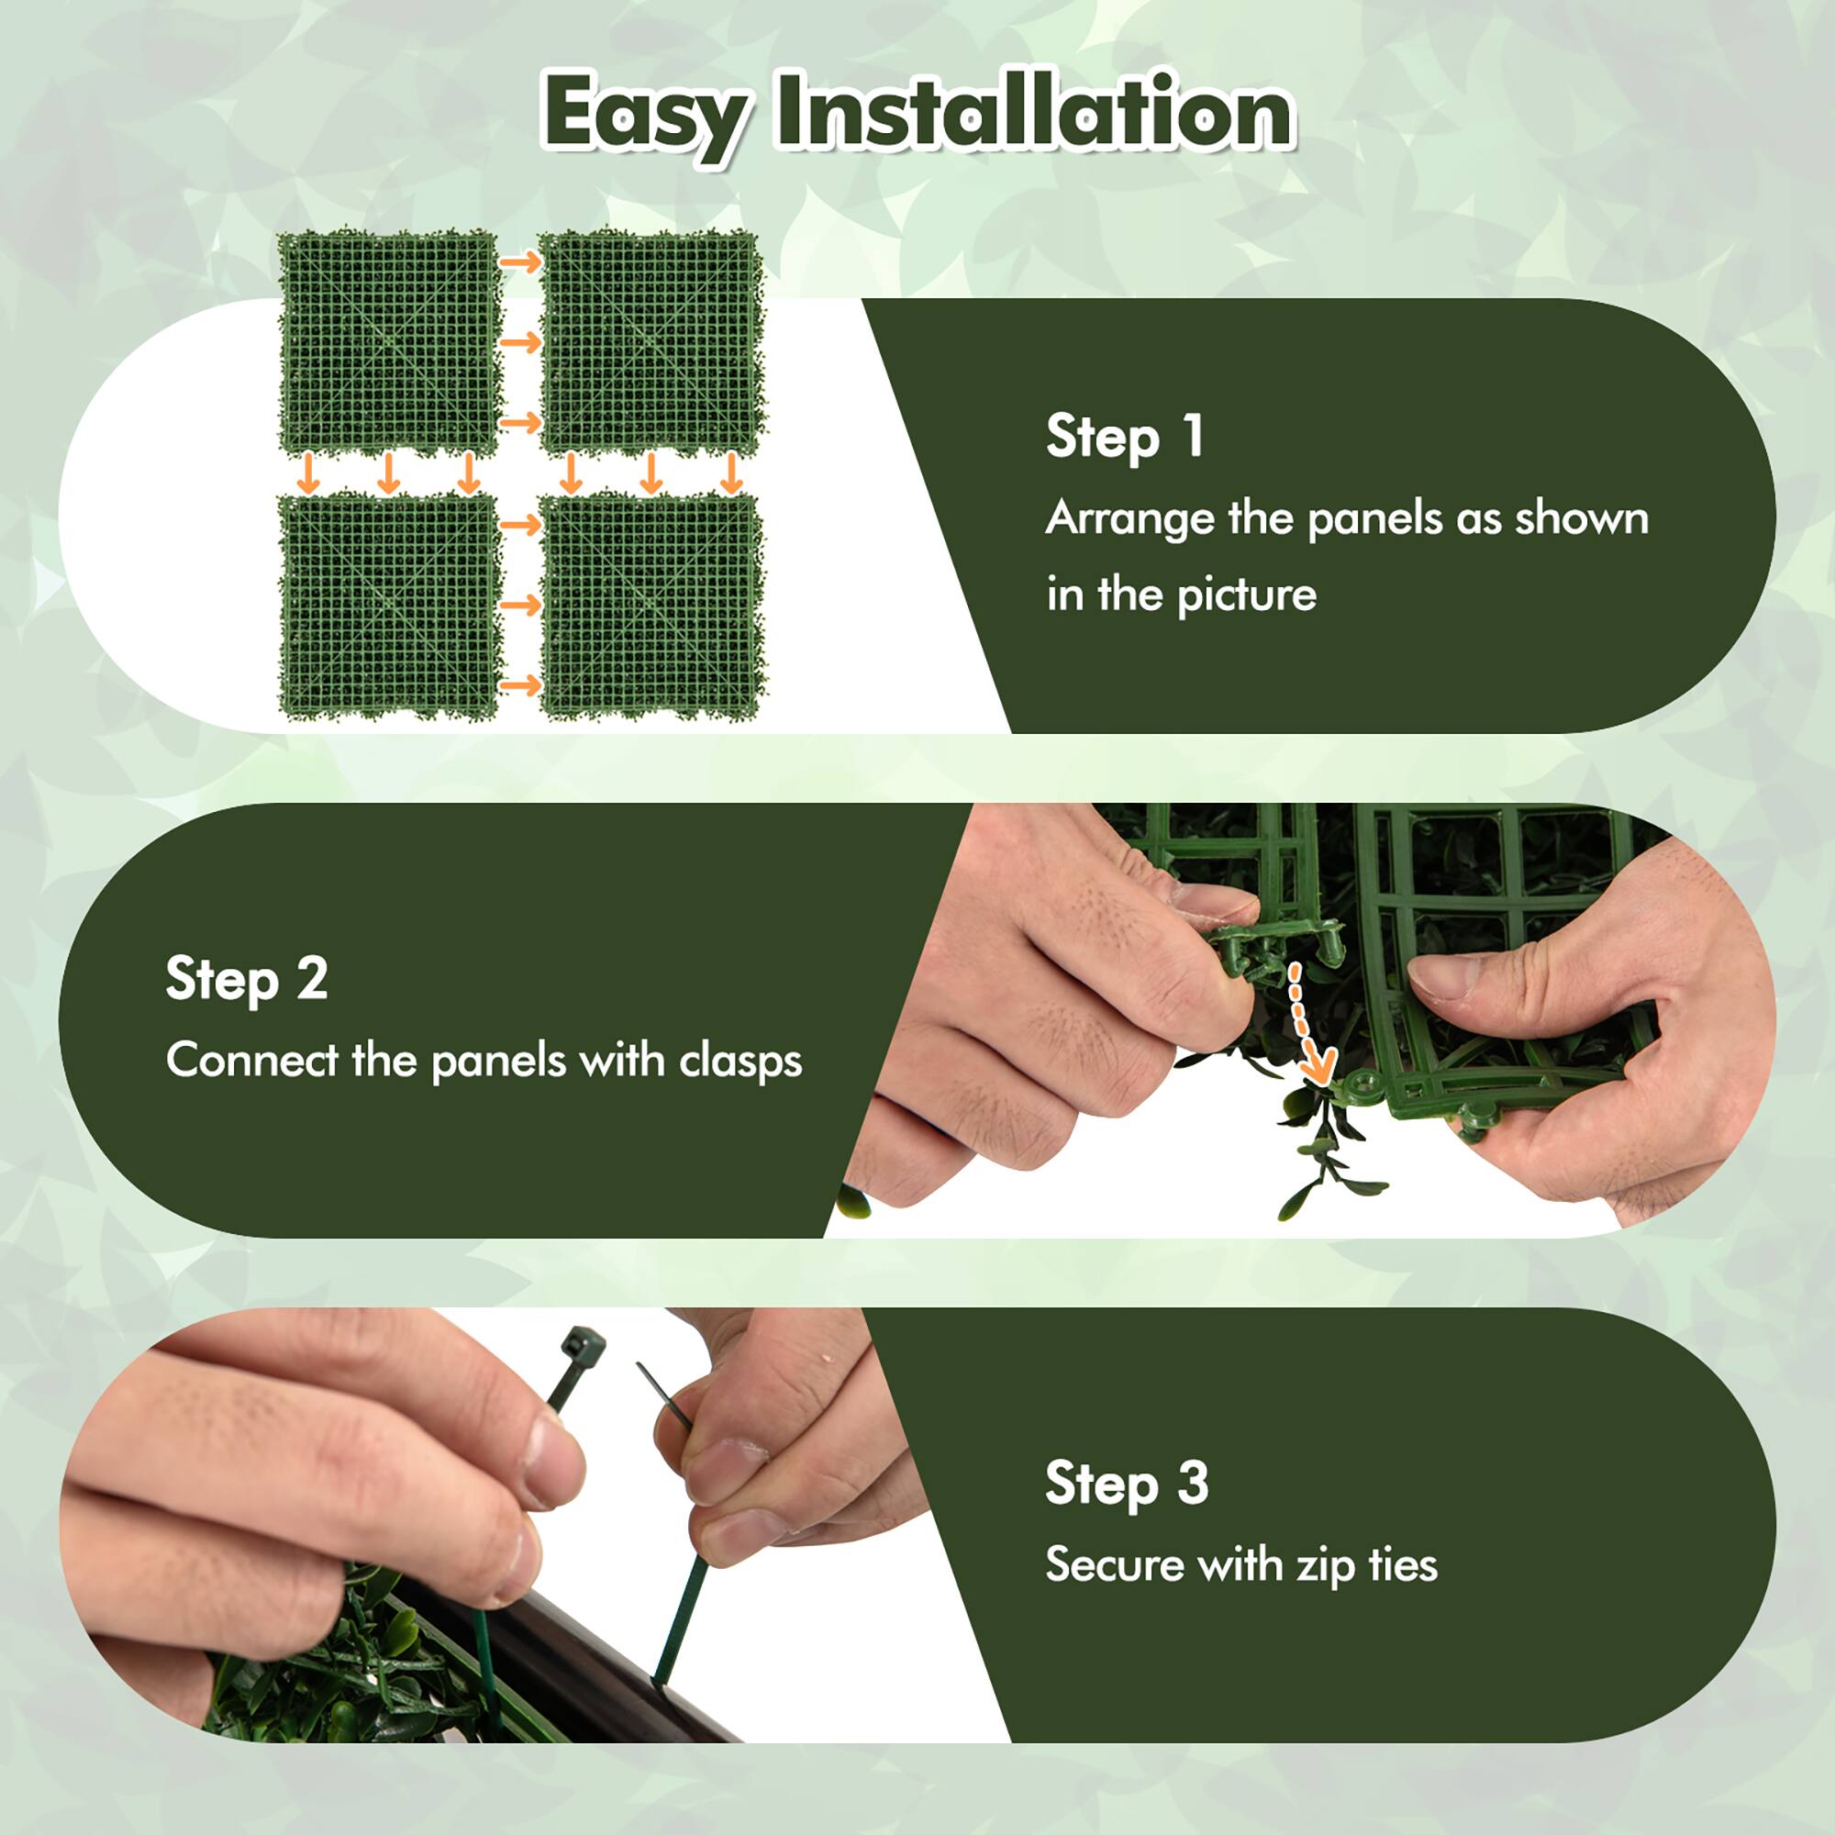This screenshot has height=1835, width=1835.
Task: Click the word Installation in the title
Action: [1035, 112]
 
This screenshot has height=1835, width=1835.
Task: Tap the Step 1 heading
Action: [1126, 437]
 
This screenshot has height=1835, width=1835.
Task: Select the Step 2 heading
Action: [247, 978]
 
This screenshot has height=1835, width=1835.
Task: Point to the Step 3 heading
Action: [1127, 1483]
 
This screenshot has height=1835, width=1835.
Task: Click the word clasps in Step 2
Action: [740, 1061]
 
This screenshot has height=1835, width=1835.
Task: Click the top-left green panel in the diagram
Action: [388, 342]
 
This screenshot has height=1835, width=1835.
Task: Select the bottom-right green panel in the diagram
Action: [651, 605]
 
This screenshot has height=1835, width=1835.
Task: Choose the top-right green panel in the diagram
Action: [651, 342]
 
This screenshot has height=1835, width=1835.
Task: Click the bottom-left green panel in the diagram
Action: [388, 605]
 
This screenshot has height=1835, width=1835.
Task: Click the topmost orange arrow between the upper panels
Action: [519, 262]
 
